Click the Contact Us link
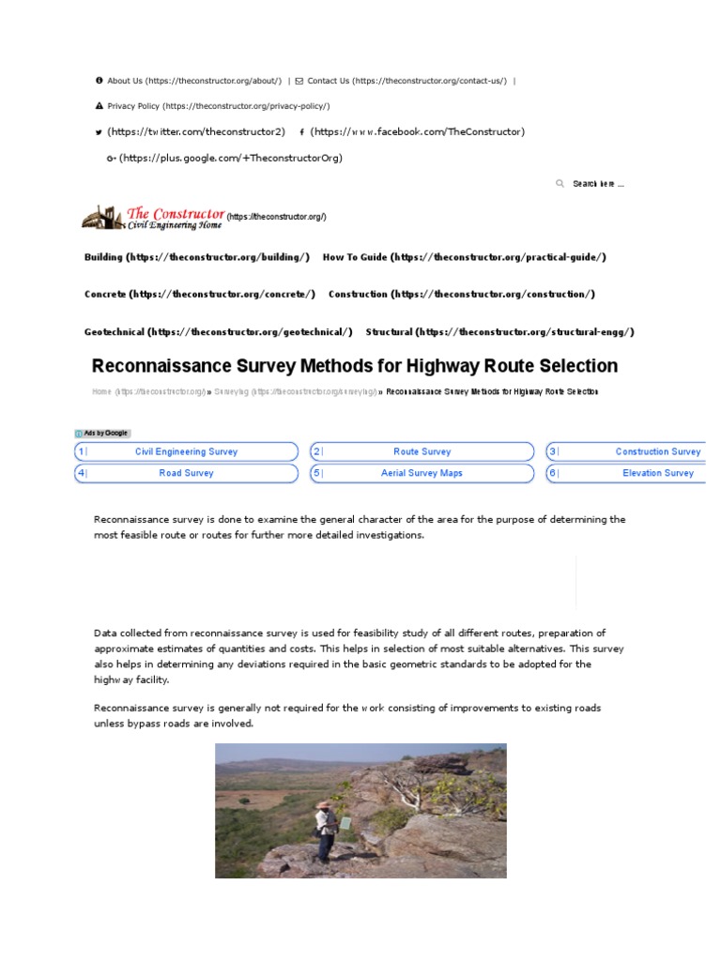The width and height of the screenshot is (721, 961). [328, 81]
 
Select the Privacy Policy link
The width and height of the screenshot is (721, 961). [133, 106]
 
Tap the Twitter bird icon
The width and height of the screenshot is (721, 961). [100, 132]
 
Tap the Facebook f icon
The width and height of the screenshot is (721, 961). [301, 132]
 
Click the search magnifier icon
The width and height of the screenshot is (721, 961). [560, 184]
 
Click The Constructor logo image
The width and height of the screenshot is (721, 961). [153, 219]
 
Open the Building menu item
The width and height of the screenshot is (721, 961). [103, 257]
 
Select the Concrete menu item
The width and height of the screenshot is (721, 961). [105, 295]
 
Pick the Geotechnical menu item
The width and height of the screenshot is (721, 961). [115, 332]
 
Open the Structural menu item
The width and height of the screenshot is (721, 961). [390, 332]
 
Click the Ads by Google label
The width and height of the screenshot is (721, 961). [103, 433]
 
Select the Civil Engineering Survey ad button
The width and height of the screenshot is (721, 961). [187, 451]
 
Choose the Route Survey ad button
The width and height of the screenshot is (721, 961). [422, 451]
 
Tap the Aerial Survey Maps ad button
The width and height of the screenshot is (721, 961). [422, 473]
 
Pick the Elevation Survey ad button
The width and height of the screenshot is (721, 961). [657, 473]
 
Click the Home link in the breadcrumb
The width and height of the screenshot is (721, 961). [101, 391]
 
